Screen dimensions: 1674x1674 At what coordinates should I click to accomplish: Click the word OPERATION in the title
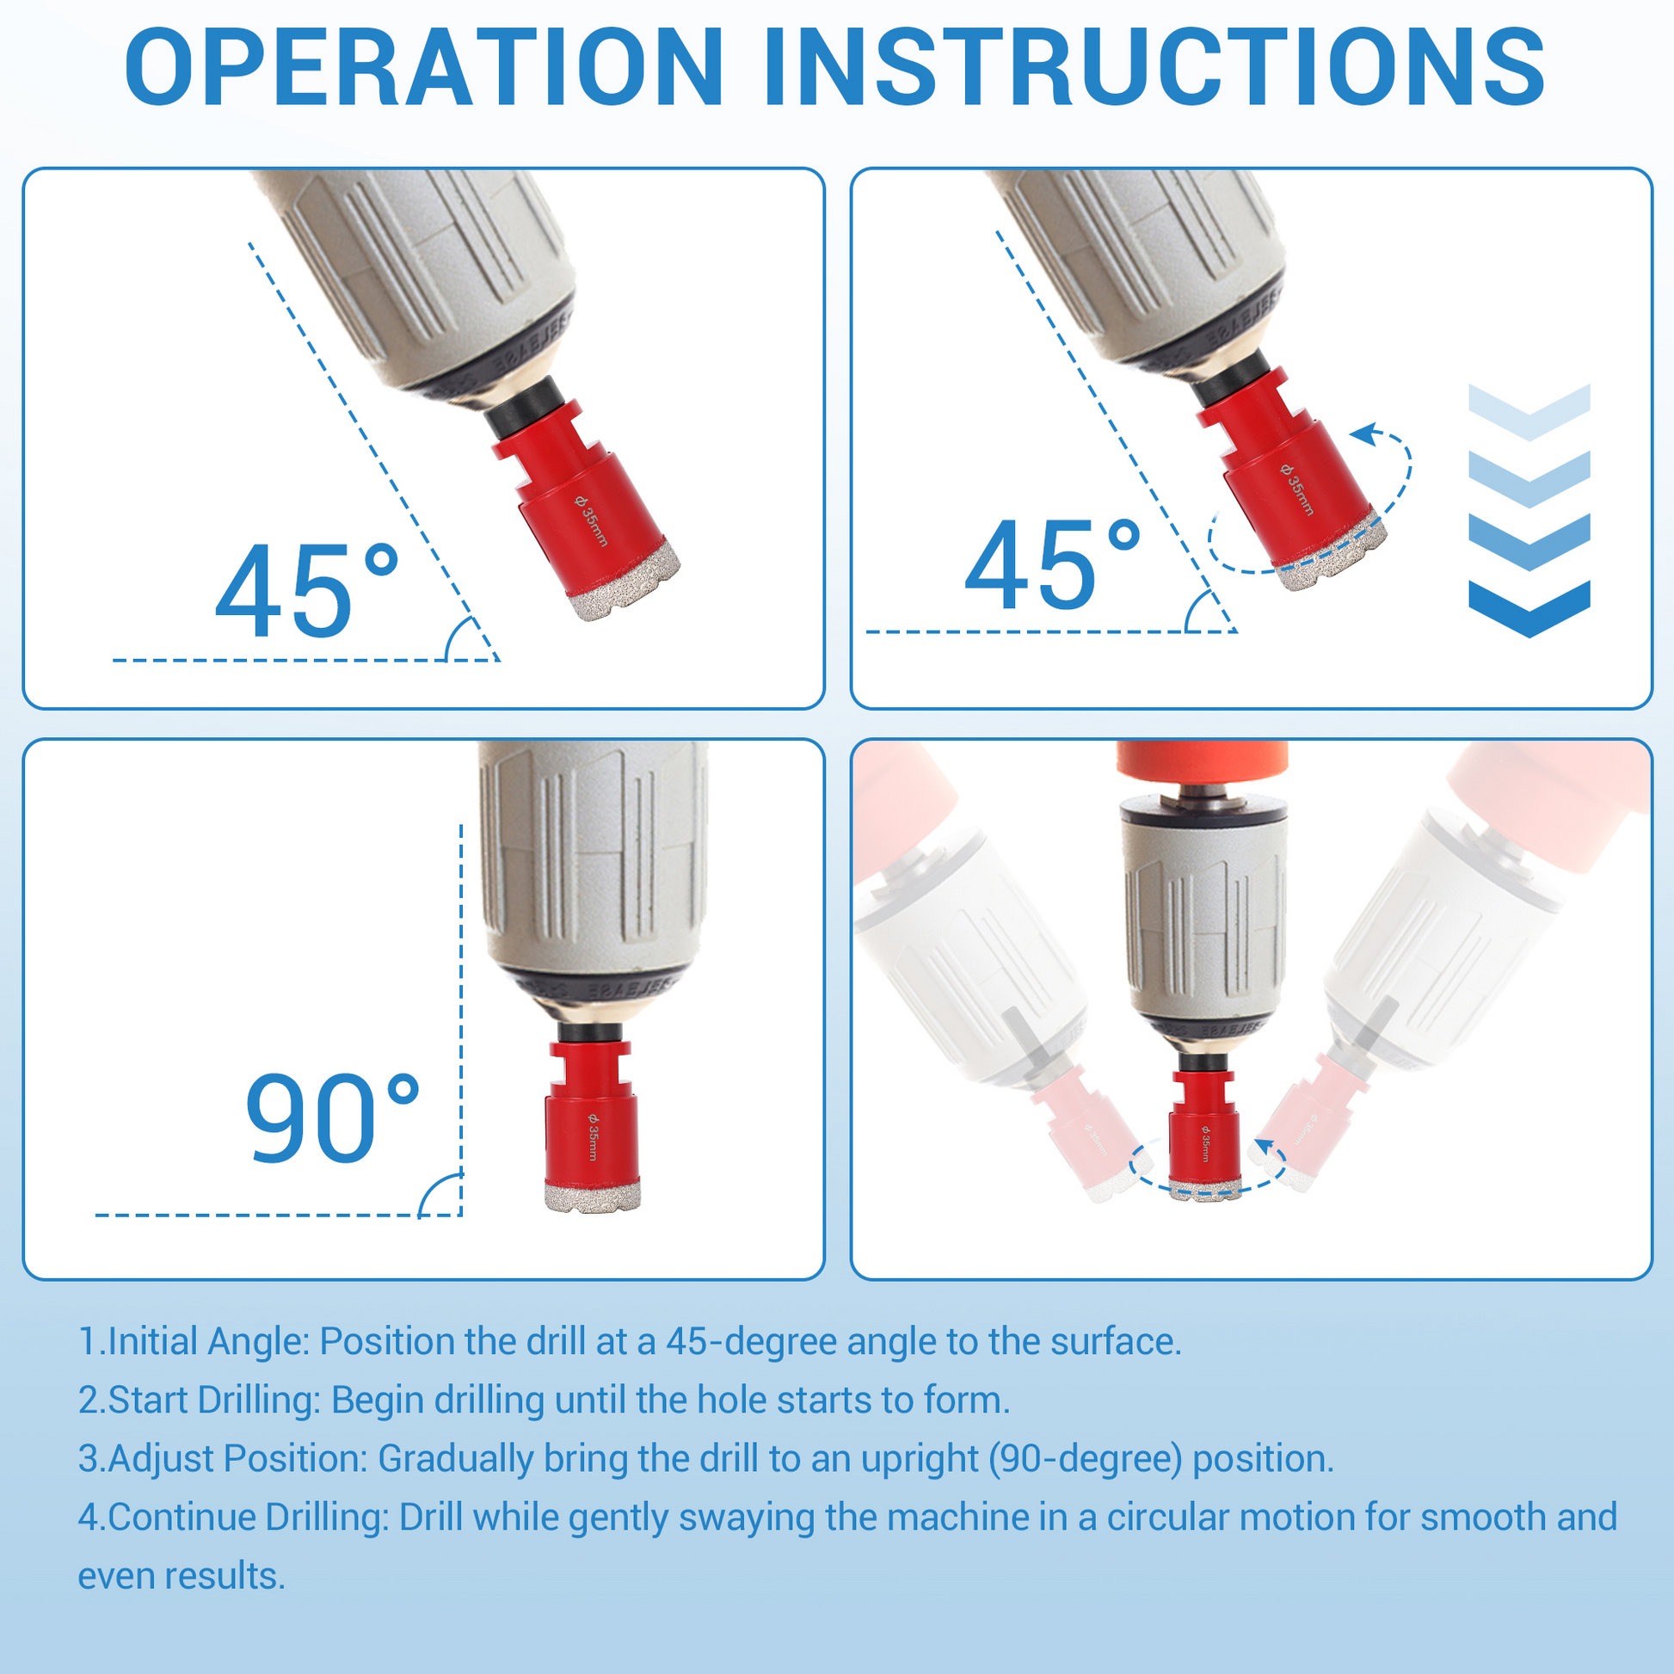424,68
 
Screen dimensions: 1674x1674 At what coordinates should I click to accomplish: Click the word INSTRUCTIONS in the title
1154,68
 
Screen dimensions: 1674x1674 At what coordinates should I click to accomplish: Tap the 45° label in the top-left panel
308,591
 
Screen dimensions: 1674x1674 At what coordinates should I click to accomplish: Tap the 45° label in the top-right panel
1053,565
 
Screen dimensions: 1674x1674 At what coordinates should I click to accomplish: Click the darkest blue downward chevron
1529,608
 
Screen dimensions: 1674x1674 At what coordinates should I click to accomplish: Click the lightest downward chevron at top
1529,411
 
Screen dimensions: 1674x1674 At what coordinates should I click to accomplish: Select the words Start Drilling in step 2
213,1401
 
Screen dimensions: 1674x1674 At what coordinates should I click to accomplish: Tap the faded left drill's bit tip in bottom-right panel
1112,1176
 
